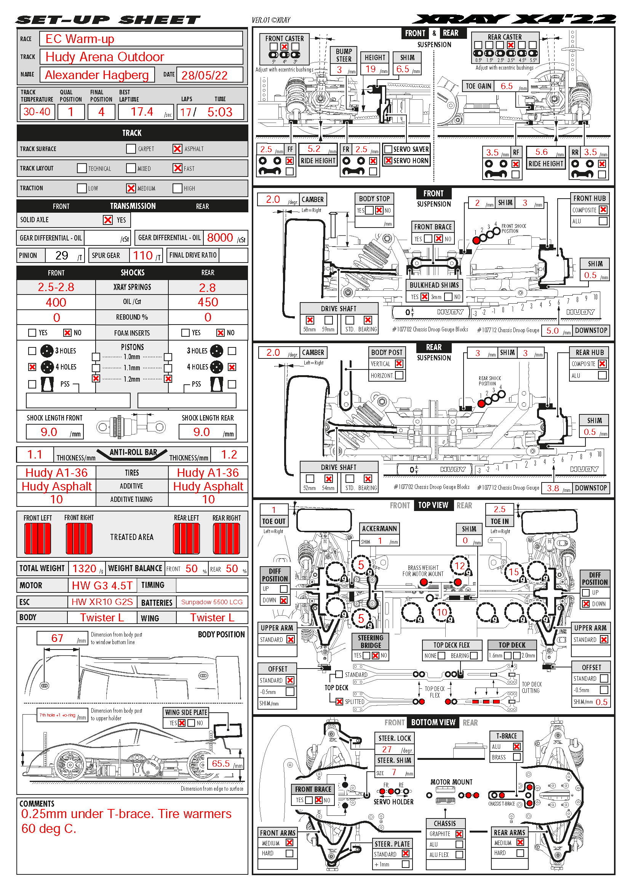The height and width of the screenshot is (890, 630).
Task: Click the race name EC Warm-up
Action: coord(80,39)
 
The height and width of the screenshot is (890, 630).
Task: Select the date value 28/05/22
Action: coord(205,75)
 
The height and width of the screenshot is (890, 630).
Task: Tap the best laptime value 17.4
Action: coord(142,112)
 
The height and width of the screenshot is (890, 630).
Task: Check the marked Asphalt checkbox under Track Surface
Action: coord(177,149)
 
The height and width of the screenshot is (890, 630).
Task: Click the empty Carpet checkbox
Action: coord(131,149)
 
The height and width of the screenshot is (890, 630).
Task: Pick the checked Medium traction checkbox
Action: coord(131,188)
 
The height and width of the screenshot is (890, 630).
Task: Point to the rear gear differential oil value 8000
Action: coord(220,237)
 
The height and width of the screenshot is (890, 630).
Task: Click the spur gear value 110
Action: coord(143,255)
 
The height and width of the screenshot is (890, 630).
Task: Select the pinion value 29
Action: coord(62,255)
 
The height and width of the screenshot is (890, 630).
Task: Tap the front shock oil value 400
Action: coord(56,303)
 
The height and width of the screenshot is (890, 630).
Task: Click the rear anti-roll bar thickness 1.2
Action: coord(229,455)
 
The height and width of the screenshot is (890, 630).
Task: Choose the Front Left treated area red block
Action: coord(38,538)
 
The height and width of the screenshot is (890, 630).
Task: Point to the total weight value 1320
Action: coord(84,568)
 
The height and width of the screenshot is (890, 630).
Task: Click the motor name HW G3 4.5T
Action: coord(102,585)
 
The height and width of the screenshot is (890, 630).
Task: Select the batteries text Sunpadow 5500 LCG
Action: coord(212,602)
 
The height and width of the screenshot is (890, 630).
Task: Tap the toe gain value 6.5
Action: coord(507,86)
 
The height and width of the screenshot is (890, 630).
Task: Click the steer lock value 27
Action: coord(387,749)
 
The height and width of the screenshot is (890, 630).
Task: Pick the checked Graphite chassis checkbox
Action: coord(459,834)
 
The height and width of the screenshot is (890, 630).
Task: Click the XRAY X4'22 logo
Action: coord(514,19)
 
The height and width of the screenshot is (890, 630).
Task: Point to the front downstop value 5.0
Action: coord(552,331)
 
